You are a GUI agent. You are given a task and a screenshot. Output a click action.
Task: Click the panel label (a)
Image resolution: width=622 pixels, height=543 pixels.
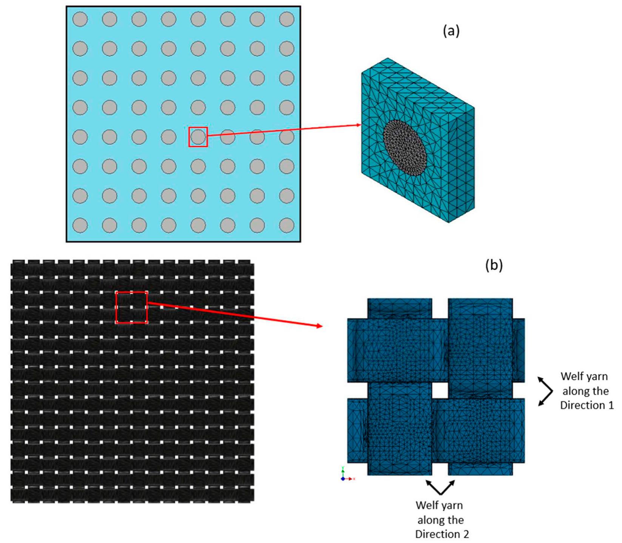451,31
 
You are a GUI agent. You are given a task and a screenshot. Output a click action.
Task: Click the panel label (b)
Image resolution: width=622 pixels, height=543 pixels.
494,265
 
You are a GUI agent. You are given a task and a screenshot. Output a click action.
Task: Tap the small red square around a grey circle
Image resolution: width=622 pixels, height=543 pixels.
198,137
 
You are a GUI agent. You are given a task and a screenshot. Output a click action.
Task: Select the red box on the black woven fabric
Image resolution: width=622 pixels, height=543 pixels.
131,307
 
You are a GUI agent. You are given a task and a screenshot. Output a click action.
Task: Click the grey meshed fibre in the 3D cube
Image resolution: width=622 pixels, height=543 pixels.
405,148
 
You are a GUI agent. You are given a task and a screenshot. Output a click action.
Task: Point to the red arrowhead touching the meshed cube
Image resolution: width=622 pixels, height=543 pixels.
358,125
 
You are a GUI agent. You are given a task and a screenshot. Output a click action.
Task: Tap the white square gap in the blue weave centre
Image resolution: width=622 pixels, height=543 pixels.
440,390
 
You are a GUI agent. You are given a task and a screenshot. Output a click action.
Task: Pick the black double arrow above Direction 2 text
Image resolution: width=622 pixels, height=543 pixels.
440,487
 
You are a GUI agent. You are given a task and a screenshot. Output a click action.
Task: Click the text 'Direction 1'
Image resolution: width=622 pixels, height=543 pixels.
587,405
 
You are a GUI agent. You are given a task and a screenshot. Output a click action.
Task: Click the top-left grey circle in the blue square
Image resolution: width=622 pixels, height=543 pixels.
80,19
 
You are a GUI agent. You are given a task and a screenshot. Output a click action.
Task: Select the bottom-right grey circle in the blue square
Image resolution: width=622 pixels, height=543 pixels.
287,225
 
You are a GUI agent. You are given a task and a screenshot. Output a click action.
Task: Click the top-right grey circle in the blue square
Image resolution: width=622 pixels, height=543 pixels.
287,19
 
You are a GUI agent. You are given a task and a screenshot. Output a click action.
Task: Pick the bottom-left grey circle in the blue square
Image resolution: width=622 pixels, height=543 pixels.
80,225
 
